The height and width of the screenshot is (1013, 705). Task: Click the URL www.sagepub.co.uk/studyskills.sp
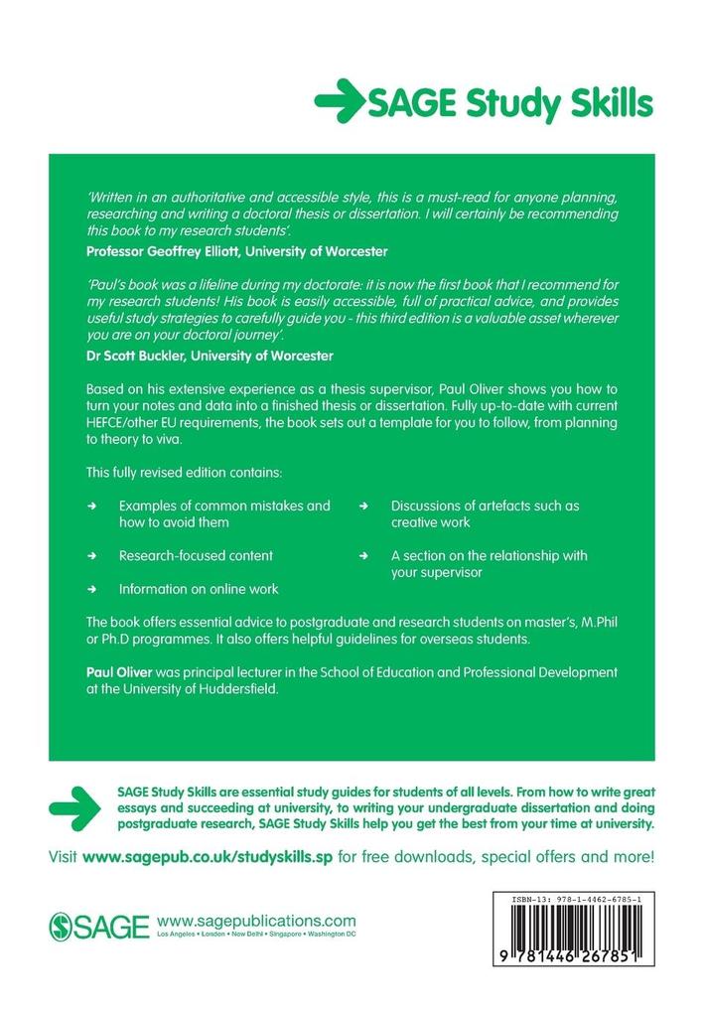coord(209,855)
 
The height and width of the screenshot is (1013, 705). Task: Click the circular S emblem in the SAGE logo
coord(63,927)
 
